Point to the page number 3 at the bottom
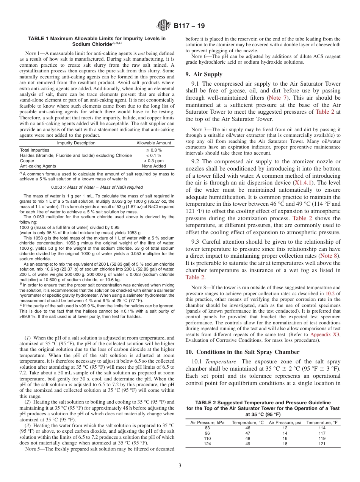(180, 465)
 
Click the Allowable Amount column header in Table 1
(153, 143)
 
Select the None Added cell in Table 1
(153, 166)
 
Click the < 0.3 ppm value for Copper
(153, 161)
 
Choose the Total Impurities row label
(34, 150)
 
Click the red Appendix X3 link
(325, 335)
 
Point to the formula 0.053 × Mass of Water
(97, 187)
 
